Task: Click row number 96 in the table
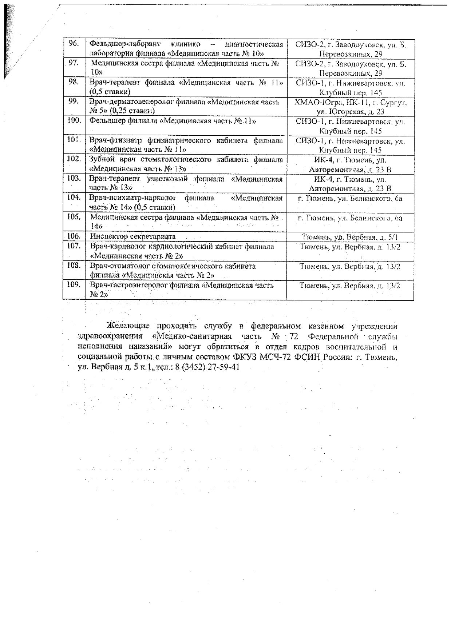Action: [74, 44]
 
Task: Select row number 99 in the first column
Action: [74, 101]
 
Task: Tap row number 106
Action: [74, 236]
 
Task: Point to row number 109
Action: [74, 284]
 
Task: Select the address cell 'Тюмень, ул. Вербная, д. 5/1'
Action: [350, 237]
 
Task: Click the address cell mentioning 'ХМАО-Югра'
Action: [350, 107]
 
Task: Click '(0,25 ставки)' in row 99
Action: [132, 111]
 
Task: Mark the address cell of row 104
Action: [350, 199]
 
